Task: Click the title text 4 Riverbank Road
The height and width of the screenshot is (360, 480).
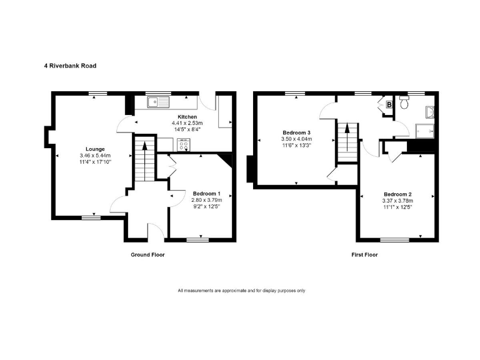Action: pyautogui.click(x=69, y=65)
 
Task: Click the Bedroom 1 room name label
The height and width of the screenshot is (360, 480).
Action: pyautogui.click(x=207, y=193)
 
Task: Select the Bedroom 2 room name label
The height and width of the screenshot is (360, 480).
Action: pyautogui.click(x=397, y=194)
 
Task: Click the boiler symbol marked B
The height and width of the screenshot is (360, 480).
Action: pyautogui.click(x=389, y=105)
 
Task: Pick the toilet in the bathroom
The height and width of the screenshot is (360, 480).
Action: pyautogui.click(x=404, y=104)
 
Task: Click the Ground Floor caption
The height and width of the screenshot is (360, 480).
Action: pyautogui.click(x=147, y=255)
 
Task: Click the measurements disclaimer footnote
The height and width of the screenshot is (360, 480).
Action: pyautogui.click(x=241, y=291)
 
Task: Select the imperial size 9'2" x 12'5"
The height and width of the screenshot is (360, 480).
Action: pyautogui.click(x=207, y=207)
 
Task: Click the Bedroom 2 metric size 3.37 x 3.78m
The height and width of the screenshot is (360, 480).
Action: pyautogui.click(x=397, y=201)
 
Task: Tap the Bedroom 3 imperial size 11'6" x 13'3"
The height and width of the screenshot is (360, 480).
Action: pyautogui.click(x=296, y=146)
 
